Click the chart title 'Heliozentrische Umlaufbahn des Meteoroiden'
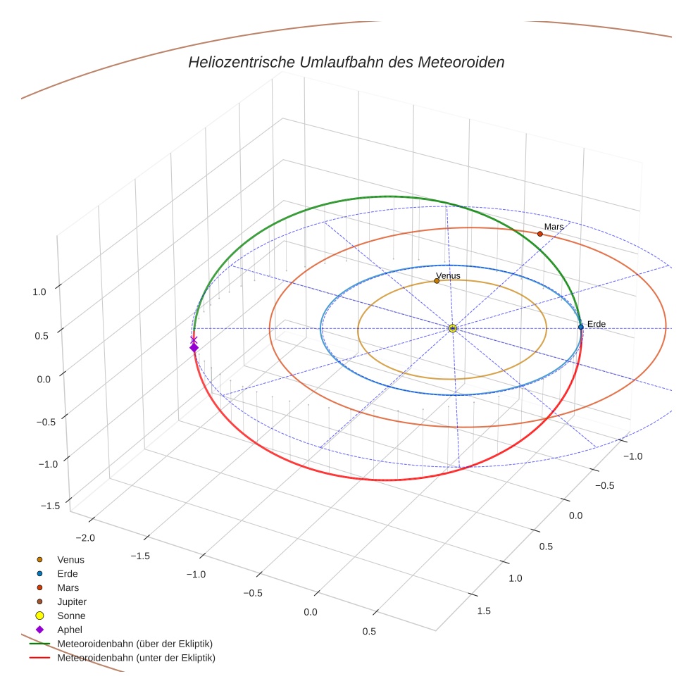tap(346, 62)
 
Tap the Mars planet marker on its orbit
tap(540, 234)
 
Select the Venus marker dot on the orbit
tap(437, 280)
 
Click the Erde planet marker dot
tap(580, 327)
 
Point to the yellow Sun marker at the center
tap(453, 328)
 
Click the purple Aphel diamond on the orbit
tap(194, 347)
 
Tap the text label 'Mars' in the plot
tap(554, 227)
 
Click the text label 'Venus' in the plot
tap(448, 275)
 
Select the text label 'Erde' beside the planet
tap(596, 324)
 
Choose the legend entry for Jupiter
tap(71, 601)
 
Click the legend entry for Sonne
tap(71, 616)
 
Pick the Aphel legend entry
tap(70, 630)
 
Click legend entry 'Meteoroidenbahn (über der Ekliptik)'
tap(135, 644)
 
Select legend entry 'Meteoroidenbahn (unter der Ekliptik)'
tap(136, 658)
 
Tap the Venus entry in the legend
tap(70, 559)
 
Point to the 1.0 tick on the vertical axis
tap(39, 292)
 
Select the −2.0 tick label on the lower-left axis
tap(84, 538)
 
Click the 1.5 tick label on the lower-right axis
tap(484, 611)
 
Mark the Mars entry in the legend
tap(68, 587)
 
